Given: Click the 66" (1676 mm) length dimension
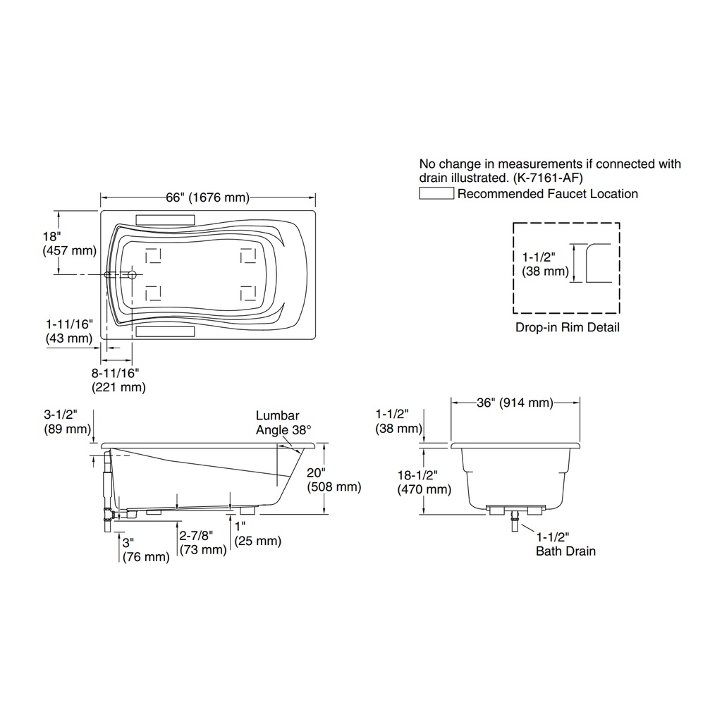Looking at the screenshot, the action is pos(208,197).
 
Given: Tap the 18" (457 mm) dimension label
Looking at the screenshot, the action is pos(70,243).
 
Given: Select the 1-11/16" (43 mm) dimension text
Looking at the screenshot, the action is pos(69,331).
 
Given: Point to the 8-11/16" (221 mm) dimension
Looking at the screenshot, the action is pos(118,380).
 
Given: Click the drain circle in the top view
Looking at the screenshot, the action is pos(132,275).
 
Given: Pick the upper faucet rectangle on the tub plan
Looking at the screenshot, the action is pos(165,220).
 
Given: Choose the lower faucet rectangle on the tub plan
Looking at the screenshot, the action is pos(165,331).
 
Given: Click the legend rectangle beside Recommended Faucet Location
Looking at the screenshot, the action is pos(436,193).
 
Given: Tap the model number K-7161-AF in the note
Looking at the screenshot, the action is pos(548,178).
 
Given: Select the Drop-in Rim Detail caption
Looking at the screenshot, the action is pos(568,327).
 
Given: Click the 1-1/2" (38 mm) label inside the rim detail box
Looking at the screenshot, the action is pos(545,264).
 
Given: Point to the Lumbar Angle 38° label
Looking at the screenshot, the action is pos(283,423).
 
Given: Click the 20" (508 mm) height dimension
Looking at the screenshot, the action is pos(334,479).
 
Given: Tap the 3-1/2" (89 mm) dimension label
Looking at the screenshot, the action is pos(67,422).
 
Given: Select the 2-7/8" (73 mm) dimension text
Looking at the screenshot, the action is pos(203,542).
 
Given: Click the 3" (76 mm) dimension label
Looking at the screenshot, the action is pos(146,550).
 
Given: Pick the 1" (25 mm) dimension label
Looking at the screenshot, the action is pos(257,534).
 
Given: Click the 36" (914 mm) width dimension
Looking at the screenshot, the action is pos(515,403).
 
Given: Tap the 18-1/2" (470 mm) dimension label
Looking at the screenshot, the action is pos(424,482).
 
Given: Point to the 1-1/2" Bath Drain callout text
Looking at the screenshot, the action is pos(565,544).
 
